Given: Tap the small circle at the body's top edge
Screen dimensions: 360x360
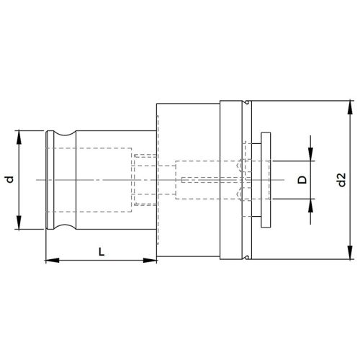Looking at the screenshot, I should [246, 104].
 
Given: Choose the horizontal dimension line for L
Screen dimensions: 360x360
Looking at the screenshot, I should [101, 259].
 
